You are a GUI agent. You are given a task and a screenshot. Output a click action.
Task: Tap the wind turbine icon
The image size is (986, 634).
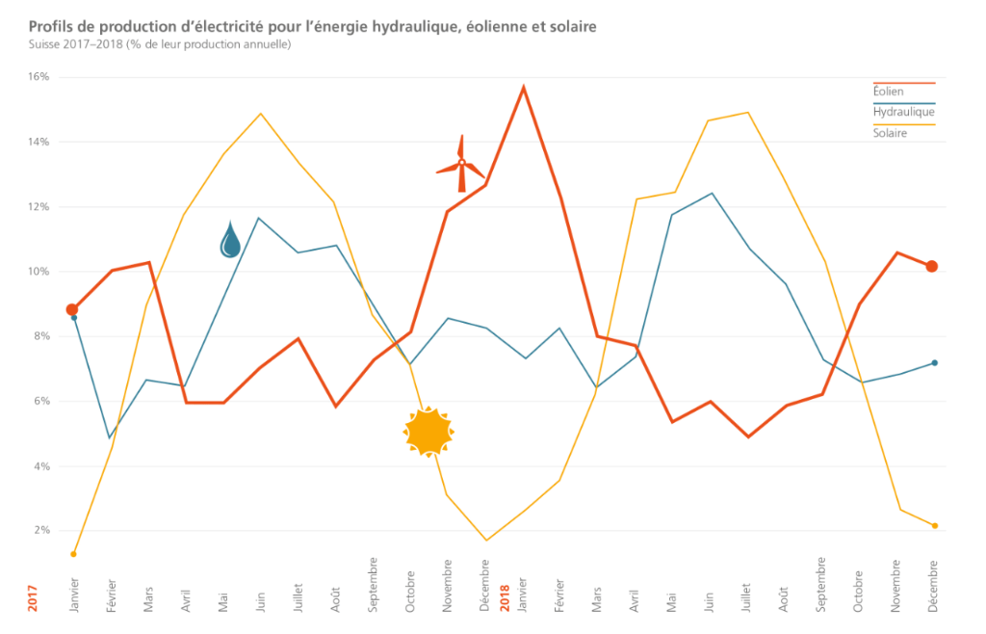tap(461, 166)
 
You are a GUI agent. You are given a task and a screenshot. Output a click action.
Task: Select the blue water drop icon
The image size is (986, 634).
tap(230, 240)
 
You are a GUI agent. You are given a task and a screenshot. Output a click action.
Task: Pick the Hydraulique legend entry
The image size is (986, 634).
tap(903, 112)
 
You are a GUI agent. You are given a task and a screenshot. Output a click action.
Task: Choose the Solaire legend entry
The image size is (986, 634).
tap(890, 133)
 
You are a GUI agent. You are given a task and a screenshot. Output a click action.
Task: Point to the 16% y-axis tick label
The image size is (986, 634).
tap(39, 77)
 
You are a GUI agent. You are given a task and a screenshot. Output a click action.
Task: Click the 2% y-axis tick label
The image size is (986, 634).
tap(41, 531)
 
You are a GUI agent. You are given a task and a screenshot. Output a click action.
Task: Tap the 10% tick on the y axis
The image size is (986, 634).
tap(39, 272)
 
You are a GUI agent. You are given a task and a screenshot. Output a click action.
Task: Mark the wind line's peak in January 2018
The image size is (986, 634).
tap(524, 88)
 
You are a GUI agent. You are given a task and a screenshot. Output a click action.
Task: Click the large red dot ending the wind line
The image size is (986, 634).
tap(931, 266)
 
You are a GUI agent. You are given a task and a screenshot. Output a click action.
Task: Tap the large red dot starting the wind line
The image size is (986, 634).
tap(72, 309)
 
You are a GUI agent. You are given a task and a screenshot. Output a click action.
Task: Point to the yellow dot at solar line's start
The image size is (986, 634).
tap(73, 554)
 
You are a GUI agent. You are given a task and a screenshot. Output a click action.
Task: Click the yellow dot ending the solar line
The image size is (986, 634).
tap(934, 526)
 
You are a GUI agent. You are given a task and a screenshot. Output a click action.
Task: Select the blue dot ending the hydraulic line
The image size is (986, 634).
tap(934, 363)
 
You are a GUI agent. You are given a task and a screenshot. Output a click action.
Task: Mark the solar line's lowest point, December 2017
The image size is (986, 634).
tap(486, 540)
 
